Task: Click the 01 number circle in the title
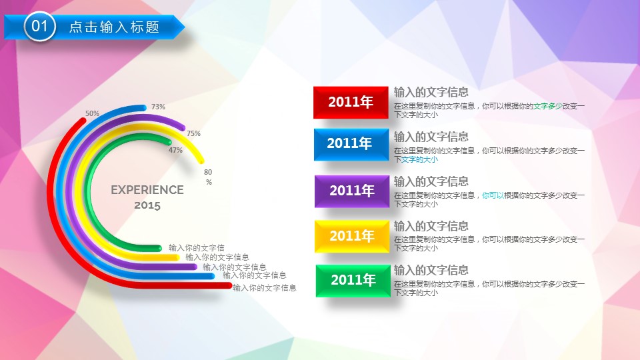click(x=39, y=27)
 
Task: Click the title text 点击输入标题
click(x=114, y=27)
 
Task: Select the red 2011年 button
click(x=351, y=103)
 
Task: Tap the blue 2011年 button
click(x=351, y=145)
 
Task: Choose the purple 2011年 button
click(x=352, y=191)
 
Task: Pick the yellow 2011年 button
click(x=352, y=236)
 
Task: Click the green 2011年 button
click(x=353, y=281)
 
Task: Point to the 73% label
click(x=159, y=107)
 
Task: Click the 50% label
click(x=92, y=113)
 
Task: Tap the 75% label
click(x=193, y=133)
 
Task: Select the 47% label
click(x=175, y=150)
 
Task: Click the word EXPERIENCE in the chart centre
click(x=147, y=190)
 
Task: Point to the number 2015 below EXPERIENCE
click(x=147, y=205)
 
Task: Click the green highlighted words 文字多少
click(x=548, y=106)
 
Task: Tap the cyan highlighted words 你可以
click(x=493, y=195)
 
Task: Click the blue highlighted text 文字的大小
click(x=419, y=159)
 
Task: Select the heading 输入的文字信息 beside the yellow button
click(x=431, y=226)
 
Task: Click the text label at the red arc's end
click(x=265, y=288)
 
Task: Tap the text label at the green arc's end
click(x=196, y=248)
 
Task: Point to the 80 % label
click(x=208, y=177)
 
